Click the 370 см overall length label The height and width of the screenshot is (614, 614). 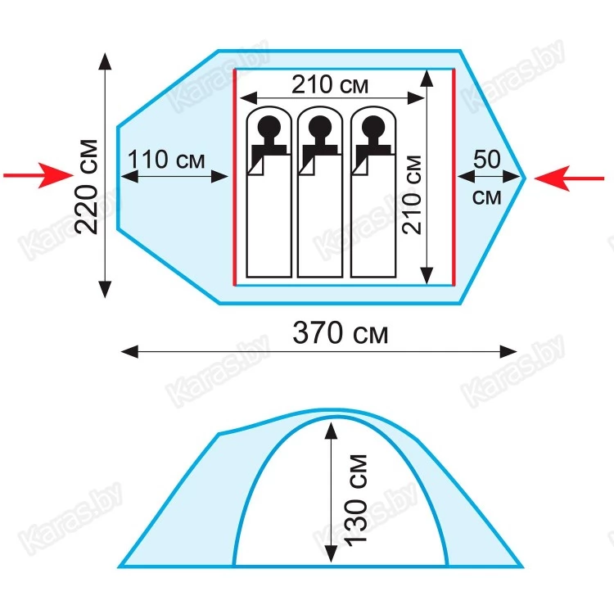(x=340, y=333)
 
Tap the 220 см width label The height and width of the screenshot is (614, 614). (x=87, y=187)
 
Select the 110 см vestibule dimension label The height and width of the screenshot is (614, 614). (x=166, y=159)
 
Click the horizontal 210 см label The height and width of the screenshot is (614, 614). (x=330, y=84)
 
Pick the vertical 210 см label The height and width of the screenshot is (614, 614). (x=413, y=195)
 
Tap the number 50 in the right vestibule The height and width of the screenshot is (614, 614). (x=487, y=159)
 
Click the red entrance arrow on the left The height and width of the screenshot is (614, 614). (x=38, y=175)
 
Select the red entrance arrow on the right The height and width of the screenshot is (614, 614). (x=569, y=178)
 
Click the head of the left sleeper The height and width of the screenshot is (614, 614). (x=269, y=127)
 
